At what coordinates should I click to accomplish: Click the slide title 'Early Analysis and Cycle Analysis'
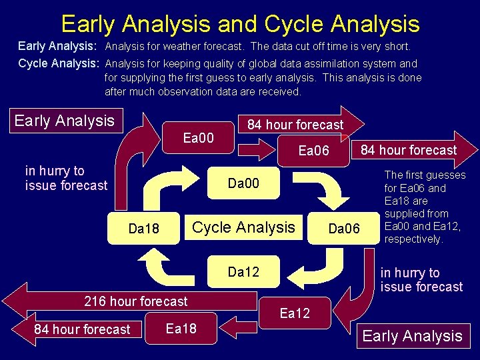pos(240,24)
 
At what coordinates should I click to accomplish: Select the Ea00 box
pos(198,138)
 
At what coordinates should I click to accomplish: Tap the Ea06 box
pos(313,151)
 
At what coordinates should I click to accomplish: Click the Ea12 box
pos(295,313)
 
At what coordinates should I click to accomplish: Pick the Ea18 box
pos(181,328)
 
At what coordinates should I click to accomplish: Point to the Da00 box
pos(243,183)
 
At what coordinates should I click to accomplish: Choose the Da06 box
pos(344,229)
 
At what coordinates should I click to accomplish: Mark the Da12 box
pos(243,271)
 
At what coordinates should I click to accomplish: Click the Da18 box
pos(143,229)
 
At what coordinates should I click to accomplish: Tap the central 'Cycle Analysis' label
pos(243,227)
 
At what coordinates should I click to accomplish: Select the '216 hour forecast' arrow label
pos(136,301)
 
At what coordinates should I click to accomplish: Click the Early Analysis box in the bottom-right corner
pos(412,336)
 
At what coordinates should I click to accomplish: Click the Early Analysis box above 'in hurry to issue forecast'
pos(65,121)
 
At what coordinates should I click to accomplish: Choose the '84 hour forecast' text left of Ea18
pos(82,329)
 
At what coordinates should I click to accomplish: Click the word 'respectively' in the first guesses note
pos(413,239)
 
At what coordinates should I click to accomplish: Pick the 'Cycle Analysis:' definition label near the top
pos(59,63)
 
